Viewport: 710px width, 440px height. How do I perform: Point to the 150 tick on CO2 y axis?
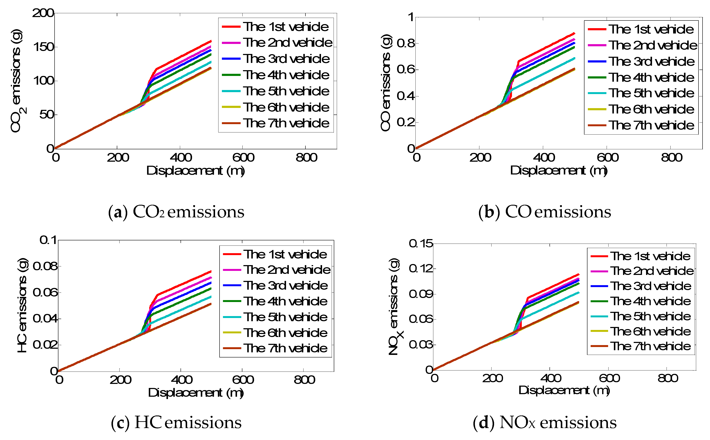(x=43, y=47)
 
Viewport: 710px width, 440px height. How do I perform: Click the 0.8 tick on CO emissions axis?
(x=406, y=43)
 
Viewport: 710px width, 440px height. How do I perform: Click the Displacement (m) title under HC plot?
(x=196, y=393)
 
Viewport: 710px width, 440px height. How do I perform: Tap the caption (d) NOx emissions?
(x=544, y=423)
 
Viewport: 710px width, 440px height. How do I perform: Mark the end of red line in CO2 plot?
(x=211, y=41)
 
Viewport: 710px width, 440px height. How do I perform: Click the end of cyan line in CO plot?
(x=574, y=58)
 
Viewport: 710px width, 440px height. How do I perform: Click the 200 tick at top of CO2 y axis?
(x=43, y=13)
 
